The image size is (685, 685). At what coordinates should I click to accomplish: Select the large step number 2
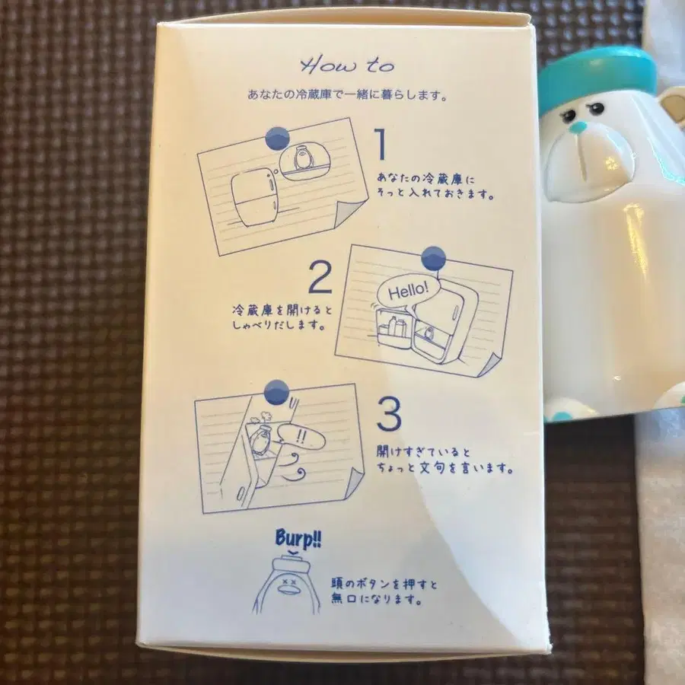[320, 279]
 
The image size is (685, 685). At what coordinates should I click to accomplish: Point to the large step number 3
[390, 416]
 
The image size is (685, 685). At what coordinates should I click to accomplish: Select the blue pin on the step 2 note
[433, 257]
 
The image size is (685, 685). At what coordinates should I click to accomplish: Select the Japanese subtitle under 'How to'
[347, 97]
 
